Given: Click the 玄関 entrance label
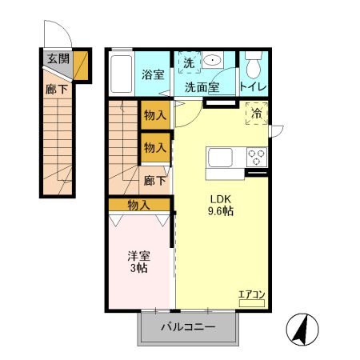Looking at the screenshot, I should click(57, 58).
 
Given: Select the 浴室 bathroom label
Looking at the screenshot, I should click(154, 76).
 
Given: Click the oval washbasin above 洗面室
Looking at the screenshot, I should click(214, 59).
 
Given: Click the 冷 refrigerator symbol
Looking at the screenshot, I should click(257, 114).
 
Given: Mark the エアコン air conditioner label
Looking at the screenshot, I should click(250, 296).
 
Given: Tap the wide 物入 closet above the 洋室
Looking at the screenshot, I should click(139, 205).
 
